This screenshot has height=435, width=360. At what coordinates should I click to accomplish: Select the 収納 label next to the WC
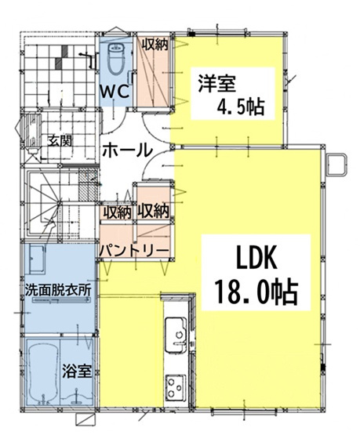tap(154, 45)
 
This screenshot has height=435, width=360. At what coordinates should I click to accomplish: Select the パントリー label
tap(133, 250)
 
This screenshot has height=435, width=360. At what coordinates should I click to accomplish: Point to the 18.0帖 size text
tap(256, 292)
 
